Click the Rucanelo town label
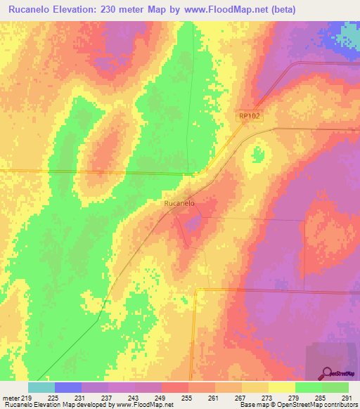pos(179,203)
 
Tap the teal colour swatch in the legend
pos(41,387)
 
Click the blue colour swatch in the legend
pos(68,387)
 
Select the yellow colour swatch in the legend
pos(282,387)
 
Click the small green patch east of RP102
pos(258,152)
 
